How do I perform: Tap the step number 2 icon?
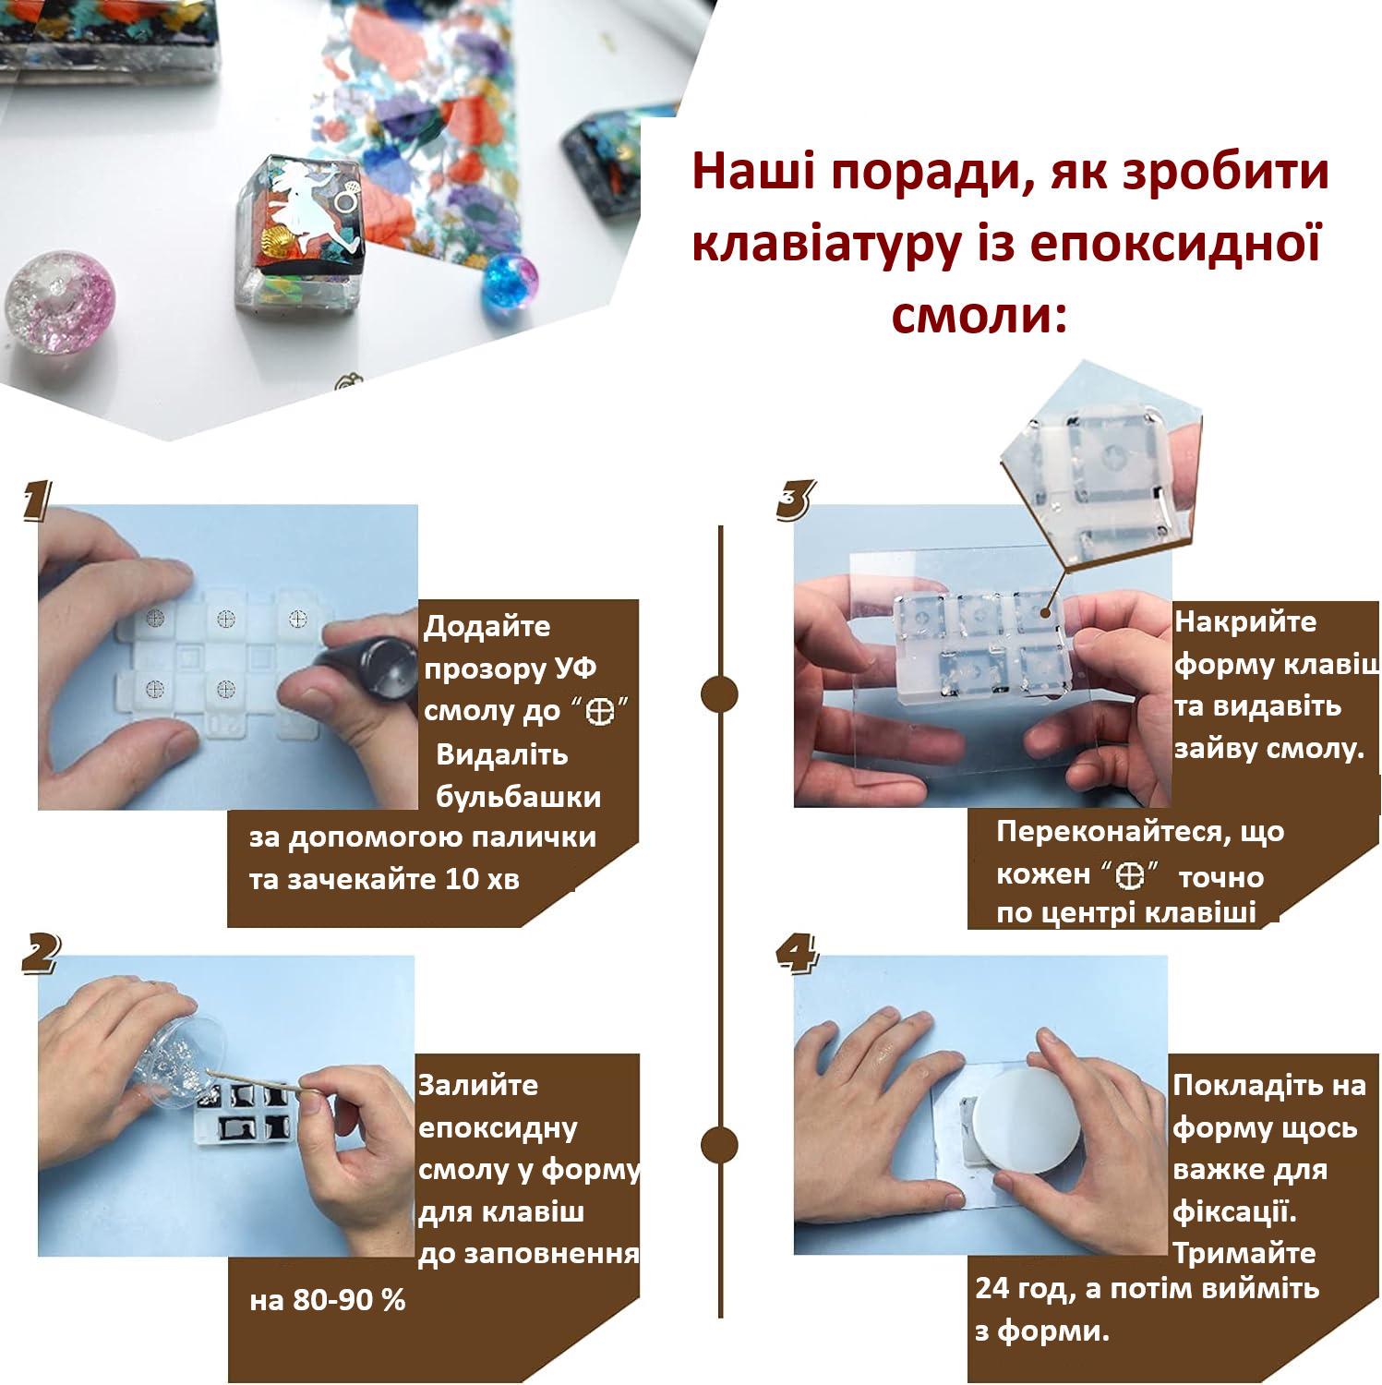38,953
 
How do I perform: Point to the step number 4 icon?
796,953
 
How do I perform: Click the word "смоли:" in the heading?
979,316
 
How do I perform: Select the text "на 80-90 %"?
328,1300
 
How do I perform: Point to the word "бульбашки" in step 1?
518,796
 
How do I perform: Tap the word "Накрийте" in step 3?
1244,621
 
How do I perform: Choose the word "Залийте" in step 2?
478,1084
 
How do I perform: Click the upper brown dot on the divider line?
719,693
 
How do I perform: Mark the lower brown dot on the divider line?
719,1145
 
